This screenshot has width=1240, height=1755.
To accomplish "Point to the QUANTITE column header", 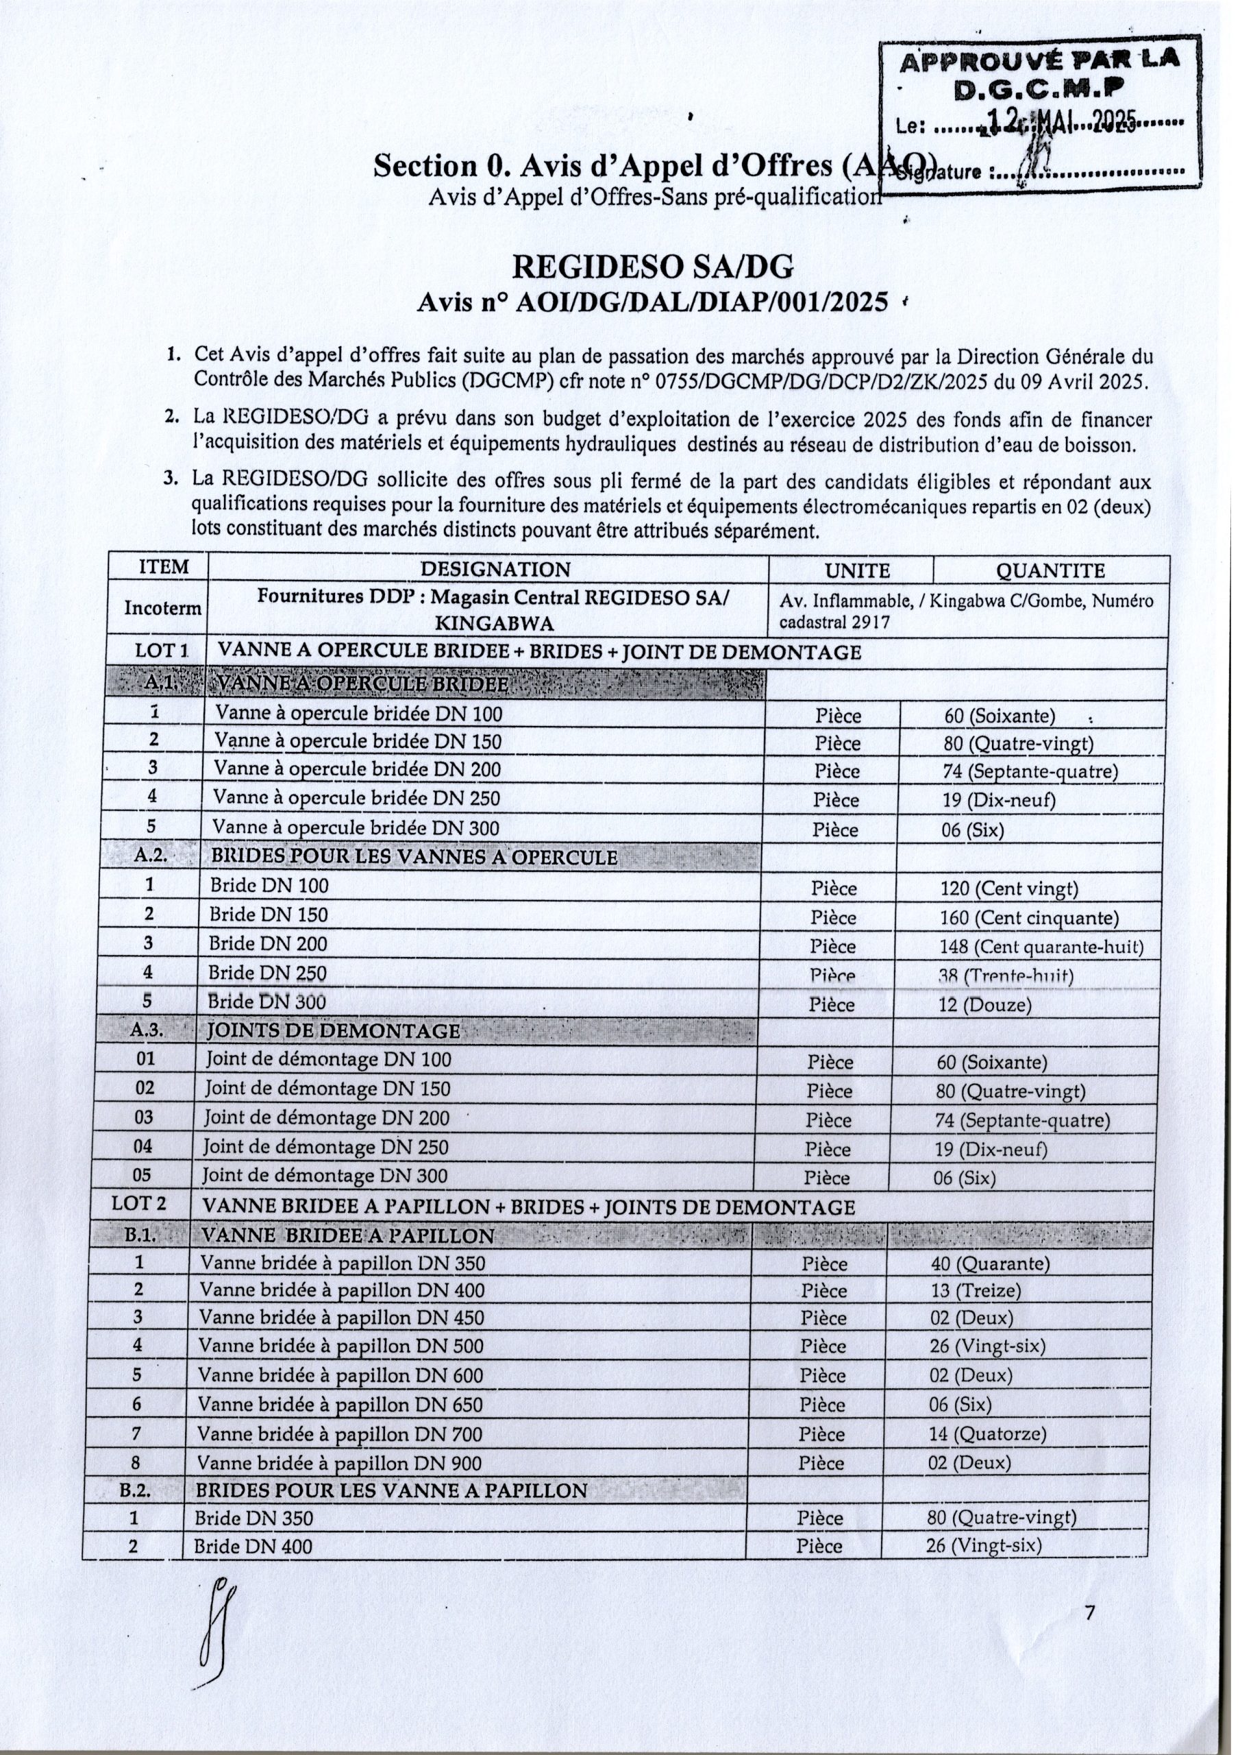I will point(1052,570).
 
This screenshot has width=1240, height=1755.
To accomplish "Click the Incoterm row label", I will point(164,607).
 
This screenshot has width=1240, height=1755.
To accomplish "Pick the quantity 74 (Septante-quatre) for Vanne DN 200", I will point(1030,771).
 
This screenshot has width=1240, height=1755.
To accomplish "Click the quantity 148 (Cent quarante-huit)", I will point(1041,947).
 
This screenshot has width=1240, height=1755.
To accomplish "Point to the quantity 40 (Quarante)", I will point(989,1263).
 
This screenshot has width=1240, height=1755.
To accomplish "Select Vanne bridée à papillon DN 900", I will point(339,1463).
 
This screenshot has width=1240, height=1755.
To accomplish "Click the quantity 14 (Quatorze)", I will point(987,1434).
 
